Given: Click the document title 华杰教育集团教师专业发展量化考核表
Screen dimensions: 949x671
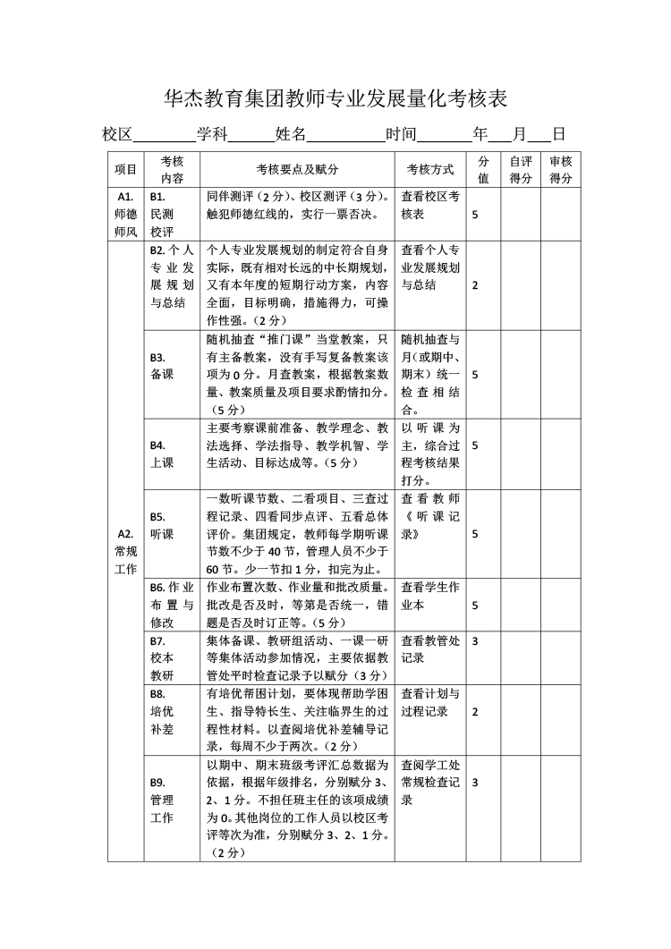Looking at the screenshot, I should pyautogui.click(x=335, y=97).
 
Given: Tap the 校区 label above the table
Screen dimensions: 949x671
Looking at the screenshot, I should pyautogui.click(x=117, y=135).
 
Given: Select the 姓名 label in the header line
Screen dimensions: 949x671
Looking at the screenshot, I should pyautogui.click(x=291, y=135).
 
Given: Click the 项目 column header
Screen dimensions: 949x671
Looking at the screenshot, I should pyautogui.click(x=125, y=169).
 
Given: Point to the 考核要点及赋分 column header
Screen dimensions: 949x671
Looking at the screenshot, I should pyautogui.click(x=297, y=169).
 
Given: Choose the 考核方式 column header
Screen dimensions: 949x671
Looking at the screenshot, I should pyautogui.click(x=430, y=169).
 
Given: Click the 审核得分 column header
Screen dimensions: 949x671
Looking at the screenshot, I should pyautogui.click(x=561, y=169).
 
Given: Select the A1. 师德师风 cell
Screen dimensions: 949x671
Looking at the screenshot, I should pyautogui.click(x=125, y=214).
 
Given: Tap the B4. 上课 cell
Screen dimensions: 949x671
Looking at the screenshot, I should pyautogui.click(x=162, y=453).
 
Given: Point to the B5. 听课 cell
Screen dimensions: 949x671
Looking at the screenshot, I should pyautogui.click(x=162, y=525).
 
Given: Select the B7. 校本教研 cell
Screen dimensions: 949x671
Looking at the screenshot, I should pyautogui.click(x=163, y=657).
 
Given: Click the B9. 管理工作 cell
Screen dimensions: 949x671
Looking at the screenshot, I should pyautogui.click(x=163, y=800).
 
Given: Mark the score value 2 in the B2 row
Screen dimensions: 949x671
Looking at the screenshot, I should pyautogui.click(x=475, y=284).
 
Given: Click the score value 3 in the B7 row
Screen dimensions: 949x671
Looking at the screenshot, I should pyautogui.click(x=475, y=641).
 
